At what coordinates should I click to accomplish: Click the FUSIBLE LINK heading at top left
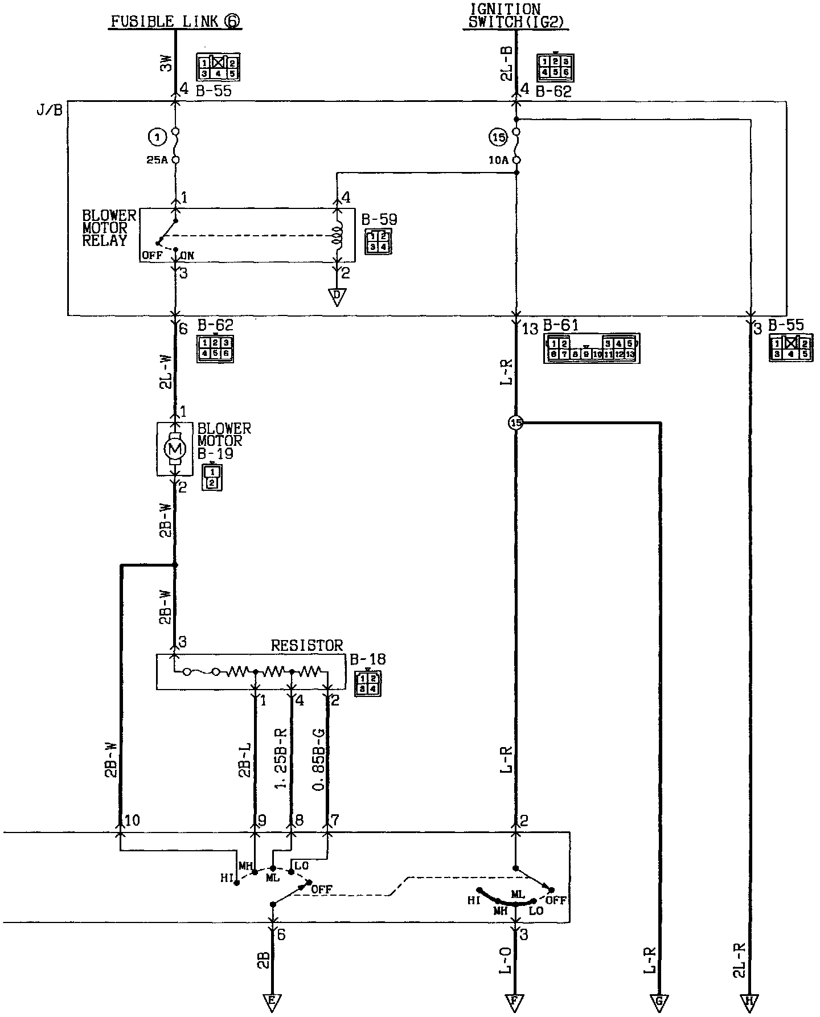pos(175,22)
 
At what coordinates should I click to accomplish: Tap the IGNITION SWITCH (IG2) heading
pos(516,16)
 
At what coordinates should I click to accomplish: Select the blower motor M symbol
pos(175,449)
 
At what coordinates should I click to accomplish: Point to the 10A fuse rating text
pos(499,161)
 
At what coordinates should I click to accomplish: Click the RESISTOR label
pos(307,645)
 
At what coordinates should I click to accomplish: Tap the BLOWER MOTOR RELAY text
pos(109,228)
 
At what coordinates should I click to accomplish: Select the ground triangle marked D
pos(337,297)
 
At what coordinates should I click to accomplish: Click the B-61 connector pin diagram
pos(592,348)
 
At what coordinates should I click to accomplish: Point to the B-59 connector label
pos(379,219)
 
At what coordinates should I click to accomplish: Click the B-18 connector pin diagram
pos(368,683)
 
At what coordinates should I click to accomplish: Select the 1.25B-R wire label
pos(281,757)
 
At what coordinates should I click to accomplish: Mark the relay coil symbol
pos(337,235)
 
